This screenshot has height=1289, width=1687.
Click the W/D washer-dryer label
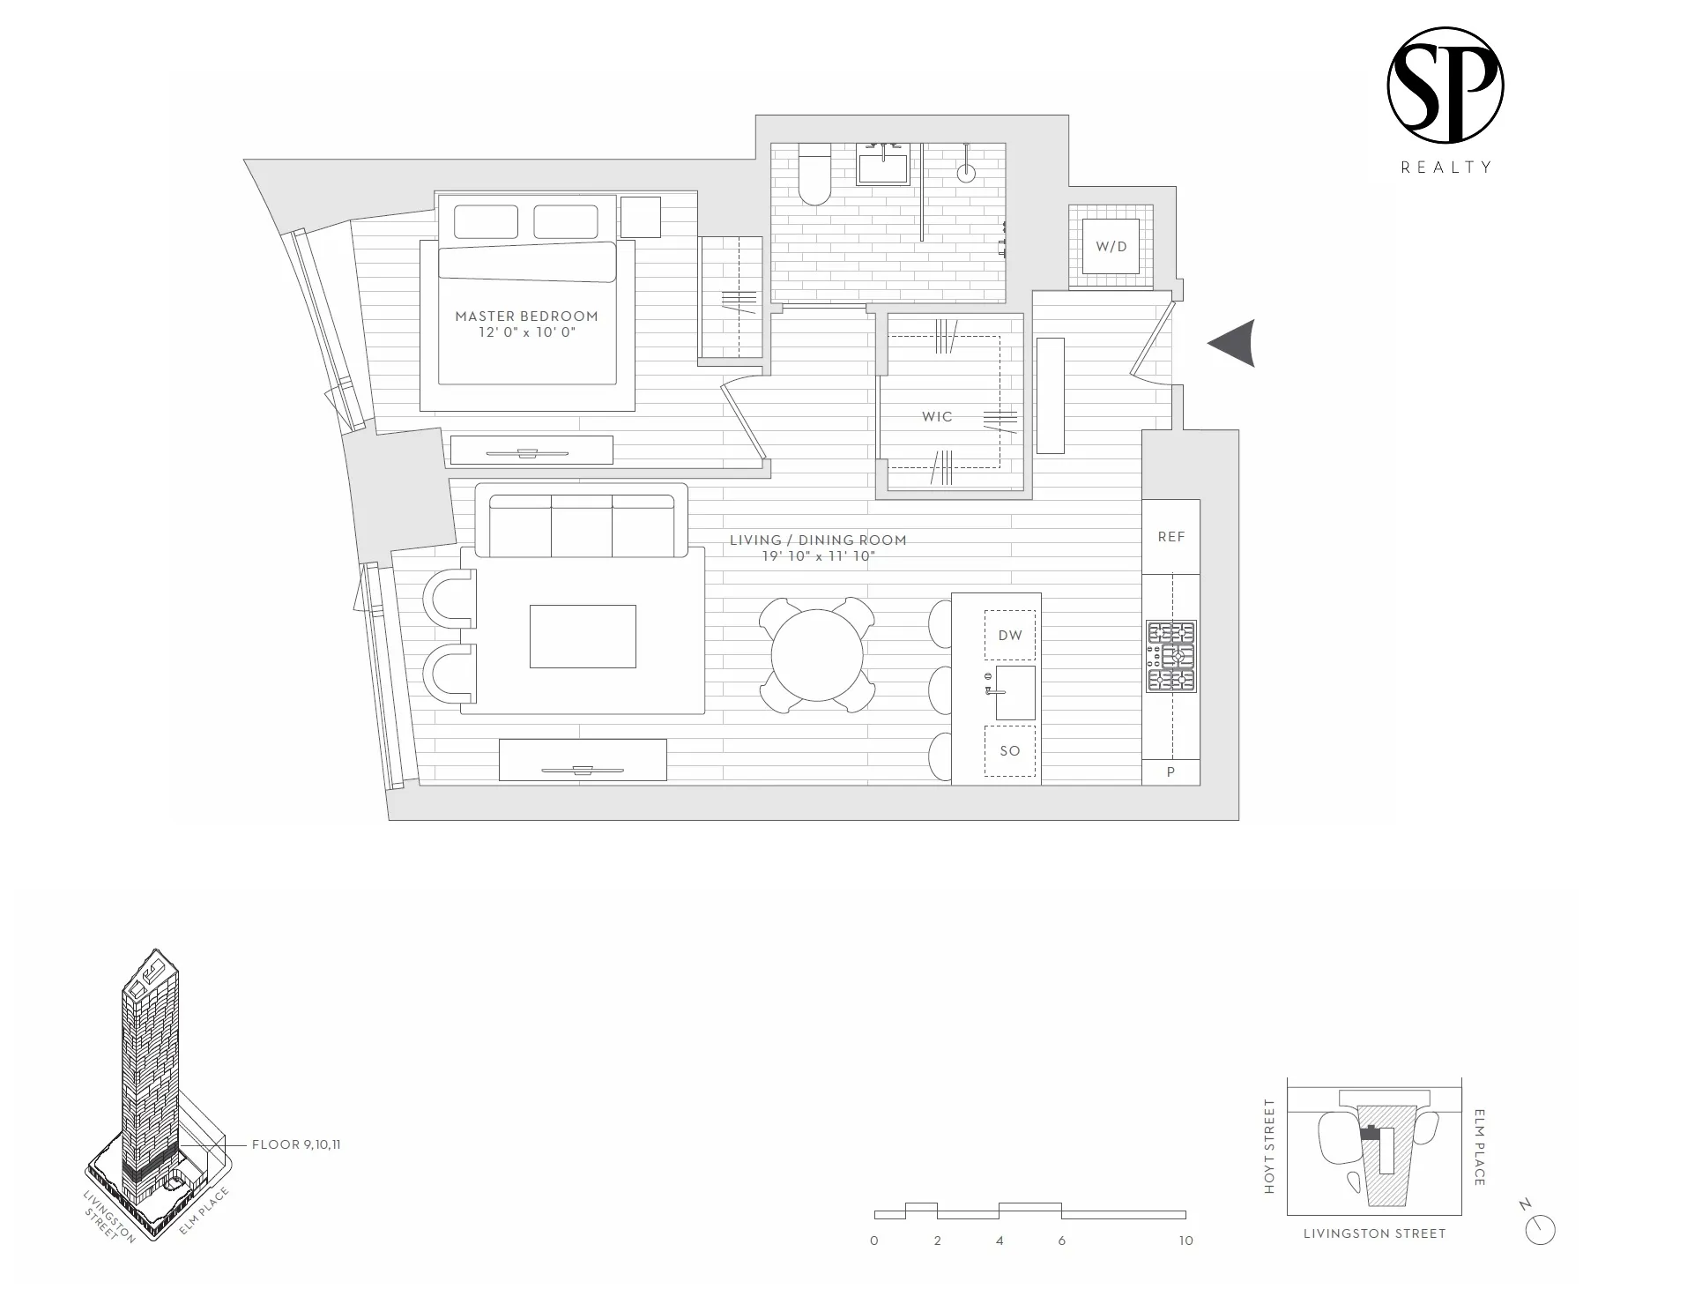tap(1111, 247)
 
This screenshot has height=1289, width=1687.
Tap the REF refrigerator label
tap(1170, 536)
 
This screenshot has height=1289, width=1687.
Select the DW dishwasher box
tap(1010, 635)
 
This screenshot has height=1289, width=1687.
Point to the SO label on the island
tap(1010, 751)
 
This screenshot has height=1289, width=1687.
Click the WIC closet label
tap(937, 416)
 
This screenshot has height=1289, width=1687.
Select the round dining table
tap(817, 656)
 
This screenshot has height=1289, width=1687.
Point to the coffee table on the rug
tap(583, 636)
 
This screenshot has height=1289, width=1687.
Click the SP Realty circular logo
tap(1445, 86)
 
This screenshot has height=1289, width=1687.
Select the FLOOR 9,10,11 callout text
tap(296, 1145)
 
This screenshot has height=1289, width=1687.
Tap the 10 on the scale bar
tap(1185, 1241)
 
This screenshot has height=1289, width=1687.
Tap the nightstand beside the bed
tap(641, 217)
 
